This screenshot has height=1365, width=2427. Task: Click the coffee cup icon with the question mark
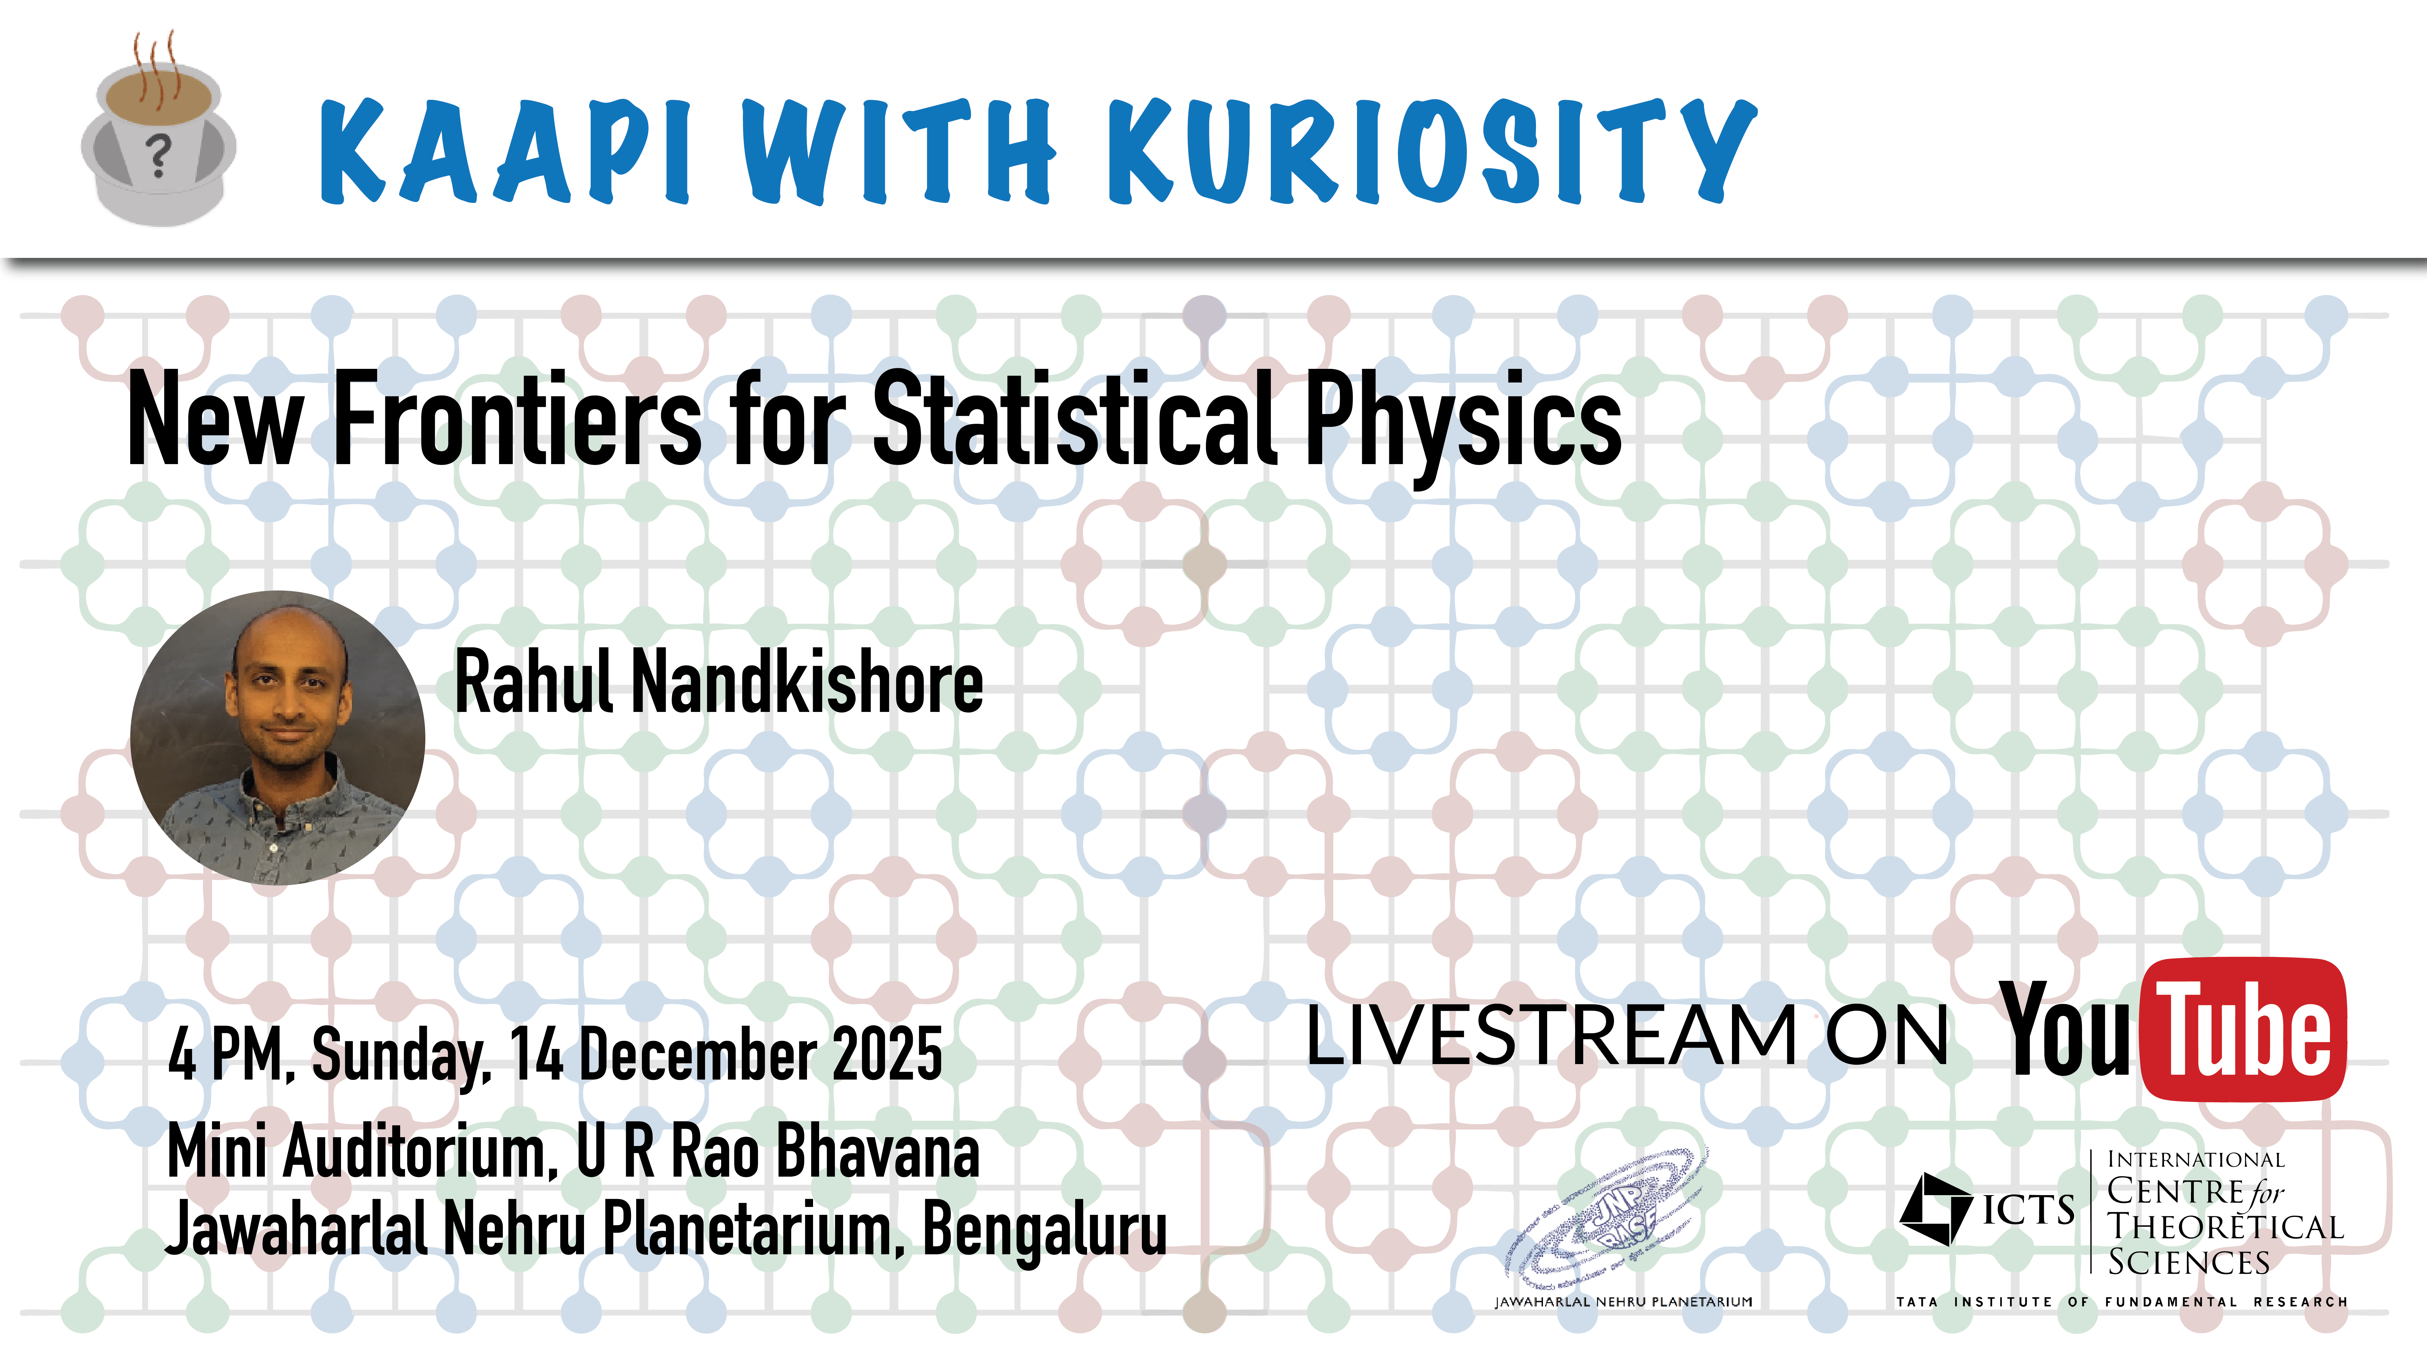pos(158,132)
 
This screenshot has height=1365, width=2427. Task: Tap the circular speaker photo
pos(278,738)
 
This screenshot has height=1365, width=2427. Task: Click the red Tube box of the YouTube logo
pos(2244,1029)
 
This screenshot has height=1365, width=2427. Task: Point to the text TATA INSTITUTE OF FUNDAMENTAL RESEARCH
pos(2122,1302)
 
